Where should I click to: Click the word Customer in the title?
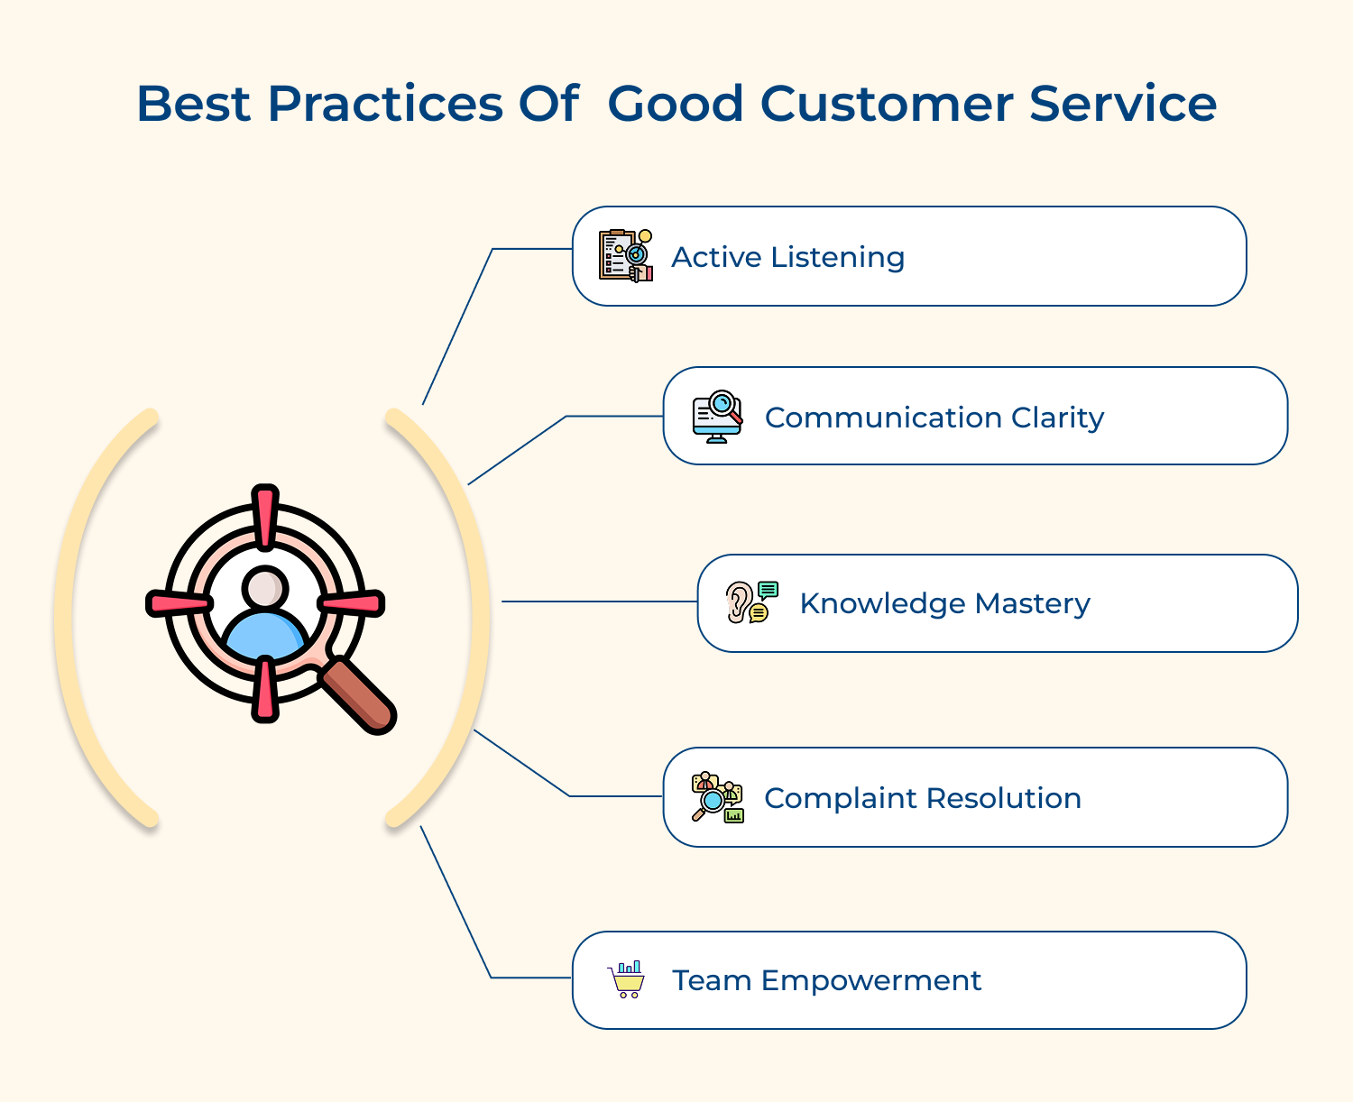click(887, 104)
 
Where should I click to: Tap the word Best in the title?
click(193, 104)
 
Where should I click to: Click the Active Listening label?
click(787, 257)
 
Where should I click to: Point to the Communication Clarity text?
click(934, 418)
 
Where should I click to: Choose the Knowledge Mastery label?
click(944, 603)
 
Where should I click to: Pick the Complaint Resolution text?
click(922, 798)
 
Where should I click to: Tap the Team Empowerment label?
click(826, 980)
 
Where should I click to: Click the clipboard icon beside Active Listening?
click(625, 256)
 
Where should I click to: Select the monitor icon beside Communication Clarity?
click(717, 417)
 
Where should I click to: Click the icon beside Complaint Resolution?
click(717, 797)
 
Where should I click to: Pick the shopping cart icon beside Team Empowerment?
click(627, 979)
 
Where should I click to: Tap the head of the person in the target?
click(265, 589)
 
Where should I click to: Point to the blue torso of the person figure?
click(265, 636)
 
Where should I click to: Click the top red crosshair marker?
click(265, 518)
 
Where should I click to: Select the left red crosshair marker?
click(179, 603)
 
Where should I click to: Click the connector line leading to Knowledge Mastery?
click(599, 602)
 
